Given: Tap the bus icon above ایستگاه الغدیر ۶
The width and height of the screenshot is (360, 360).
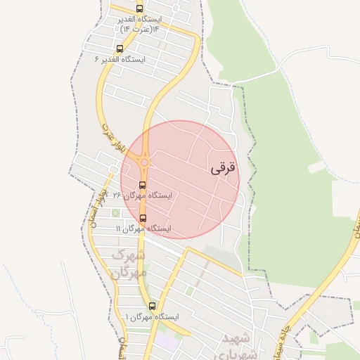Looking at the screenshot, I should (x=120, y=49).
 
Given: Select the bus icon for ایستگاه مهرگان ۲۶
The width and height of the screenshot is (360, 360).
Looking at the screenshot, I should (x=143, y=186).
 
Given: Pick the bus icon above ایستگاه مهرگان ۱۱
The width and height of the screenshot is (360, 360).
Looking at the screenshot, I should (x=143, y=218).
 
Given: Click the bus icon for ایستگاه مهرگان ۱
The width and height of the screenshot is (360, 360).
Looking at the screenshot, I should (x=153, y=306).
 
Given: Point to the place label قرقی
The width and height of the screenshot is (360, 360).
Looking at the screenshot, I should (x=224, y=169).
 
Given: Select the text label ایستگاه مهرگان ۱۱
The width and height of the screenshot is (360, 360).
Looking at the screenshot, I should (x=143, y=229).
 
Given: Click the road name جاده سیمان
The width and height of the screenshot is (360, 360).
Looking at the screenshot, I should (x=288, y=331).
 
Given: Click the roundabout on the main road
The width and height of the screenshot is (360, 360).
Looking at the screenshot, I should (x=144, y=163).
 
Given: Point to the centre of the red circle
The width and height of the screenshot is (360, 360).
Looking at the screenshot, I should (x=180, y=179).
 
